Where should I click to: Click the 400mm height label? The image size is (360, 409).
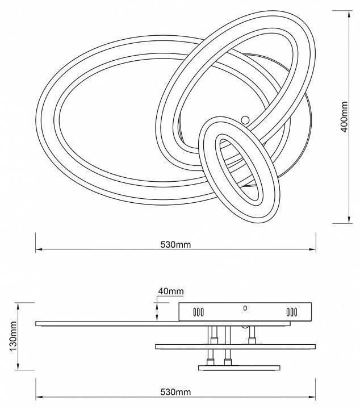pos(345,117)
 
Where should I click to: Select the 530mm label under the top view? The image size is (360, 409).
pos(175,245)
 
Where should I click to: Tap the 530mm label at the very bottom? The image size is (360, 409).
pos(175,392)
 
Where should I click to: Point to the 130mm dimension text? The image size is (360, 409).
pos(13,336)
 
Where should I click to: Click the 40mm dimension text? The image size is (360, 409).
pos(171,291)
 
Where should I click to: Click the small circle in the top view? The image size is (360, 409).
pos(245,120)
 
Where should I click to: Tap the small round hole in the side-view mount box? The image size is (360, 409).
pos(245,308)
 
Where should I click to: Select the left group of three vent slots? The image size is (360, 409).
pos(198,312)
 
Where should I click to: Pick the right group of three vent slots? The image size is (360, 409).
pos(291,312)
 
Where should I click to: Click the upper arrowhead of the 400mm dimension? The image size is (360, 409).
pos(349,14)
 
